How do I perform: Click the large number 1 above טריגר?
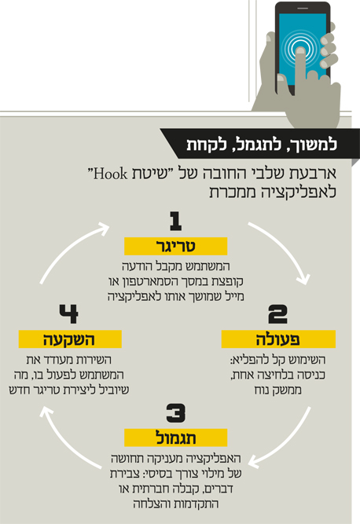click(176, 222)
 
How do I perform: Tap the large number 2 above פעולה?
click(277, 314)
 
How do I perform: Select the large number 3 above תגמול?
click(176, 413)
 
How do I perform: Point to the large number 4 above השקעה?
click(68, 313)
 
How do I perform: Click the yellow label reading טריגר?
click(176, 247)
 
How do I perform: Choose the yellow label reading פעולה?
click(278, 339)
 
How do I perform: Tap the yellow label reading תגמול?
click(176, 438)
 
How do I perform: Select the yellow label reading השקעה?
click(70, 339)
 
